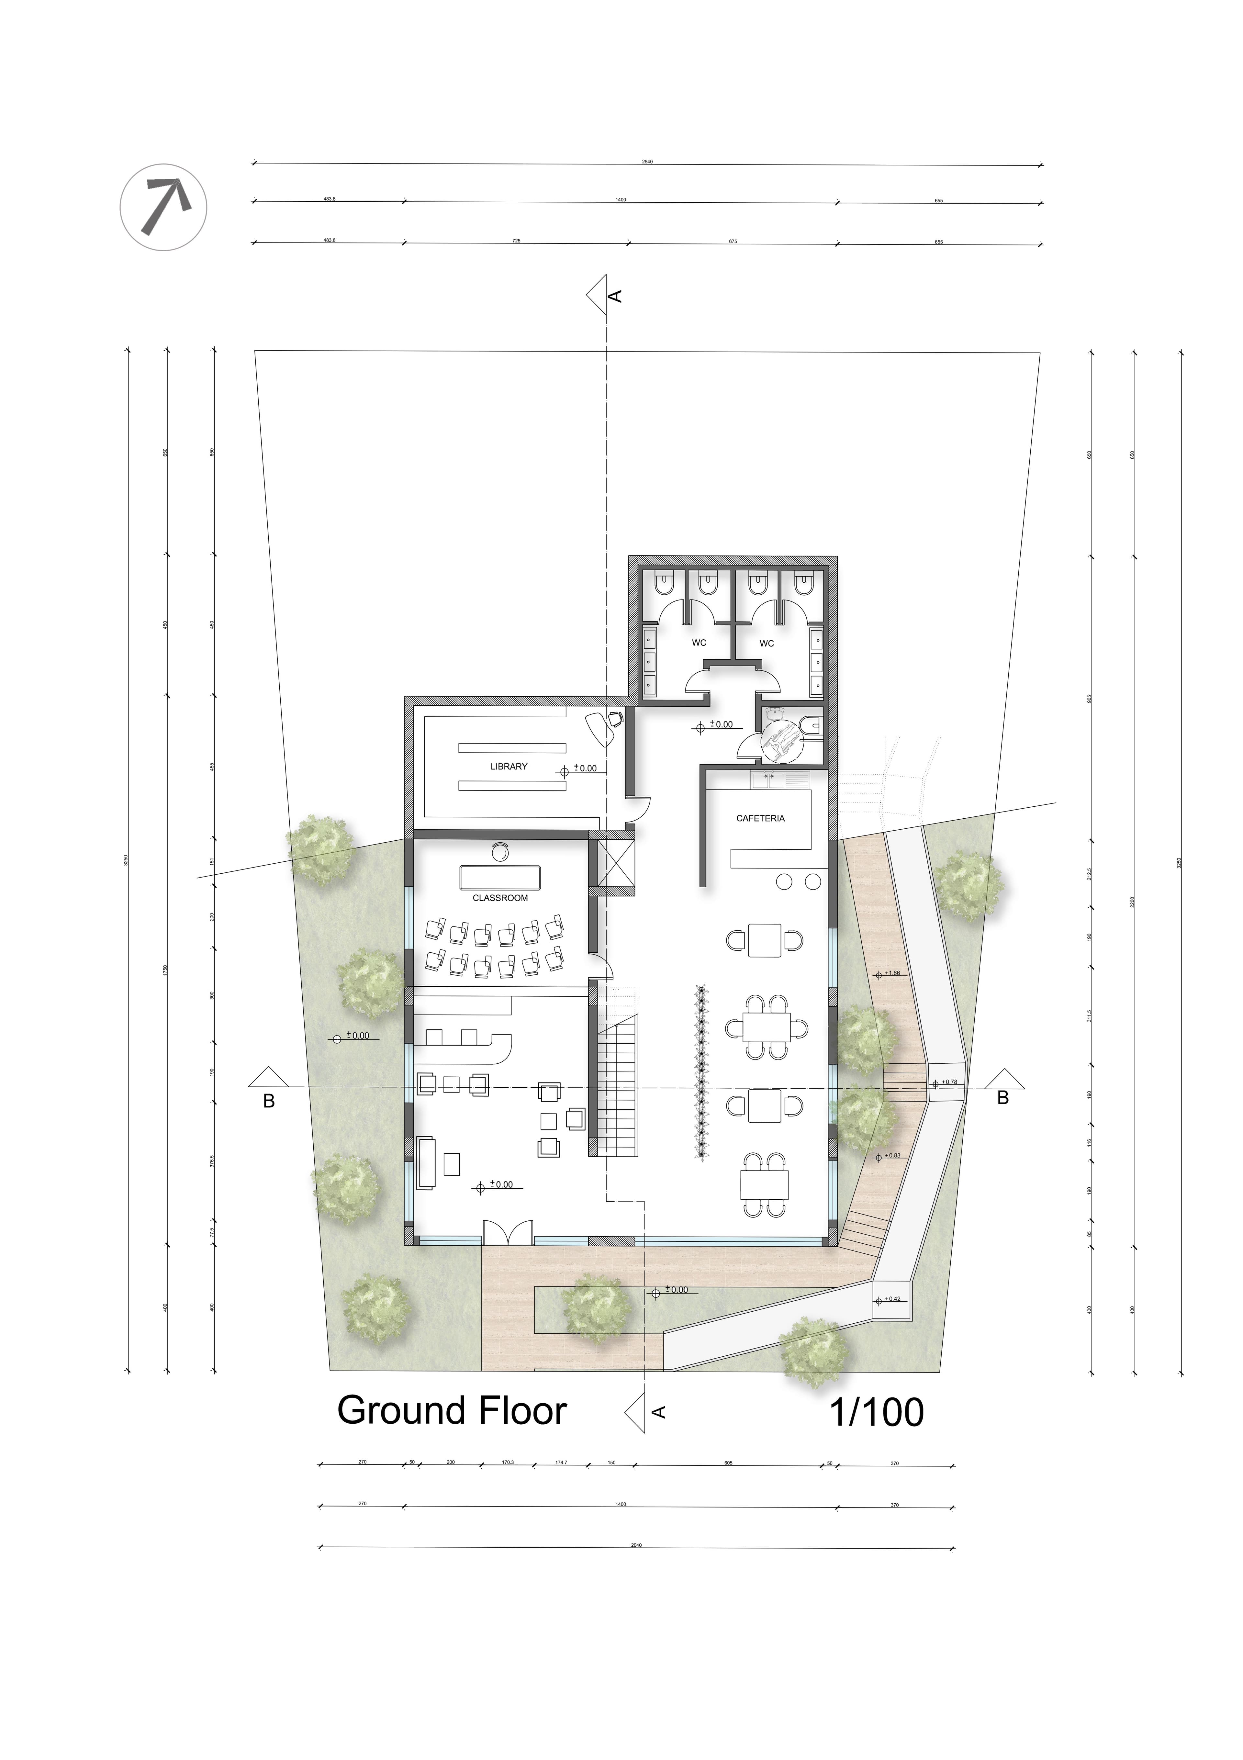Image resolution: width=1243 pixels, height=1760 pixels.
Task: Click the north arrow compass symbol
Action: tap(163, 207)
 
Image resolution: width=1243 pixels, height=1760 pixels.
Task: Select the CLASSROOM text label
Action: tap(500, 898)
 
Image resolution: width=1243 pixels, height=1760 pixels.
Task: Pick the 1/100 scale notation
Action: tap(876, 1412)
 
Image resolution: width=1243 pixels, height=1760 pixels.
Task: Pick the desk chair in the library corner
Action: tap(614, 719)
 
